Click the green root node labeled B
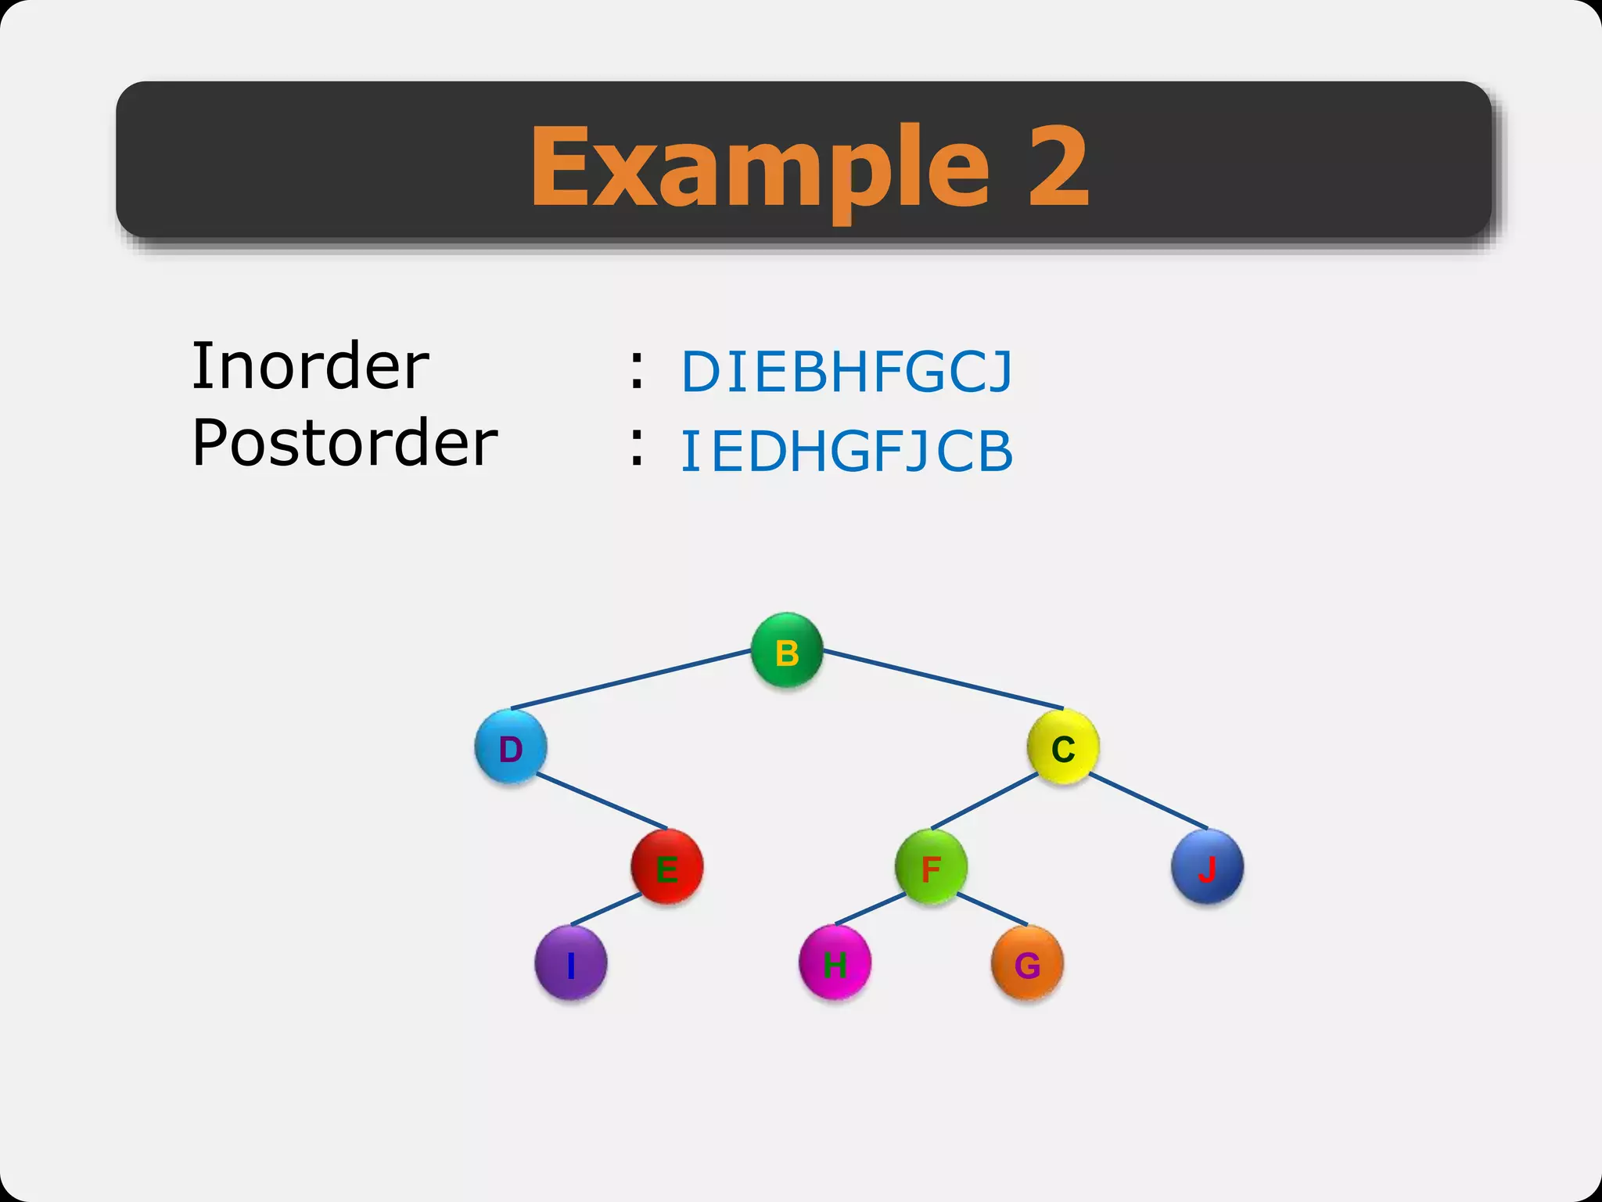(786, 650)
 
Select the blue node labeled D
(510, 747)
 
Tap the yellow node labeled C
(1062, 747)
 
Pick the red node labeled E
(666, 867)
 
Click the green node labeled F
(931, 867)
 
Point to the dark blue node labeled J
(1207, 867)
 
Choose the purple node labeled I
(570, 963)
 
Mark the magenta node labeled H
(835, 963)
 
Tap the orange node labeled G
(1027, 963)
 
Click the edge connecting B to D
(630, 679)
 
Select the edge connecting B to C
(943, 679)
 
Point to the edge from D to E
(602, 801)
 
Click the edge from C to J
(1148, 801)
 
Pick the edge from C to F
(984, 801)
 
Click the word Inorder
(311, 366)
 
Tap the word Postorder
(344, 443)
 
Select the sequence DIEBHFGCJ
(847, 371)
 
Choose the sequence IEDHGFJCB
(847, 452)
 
